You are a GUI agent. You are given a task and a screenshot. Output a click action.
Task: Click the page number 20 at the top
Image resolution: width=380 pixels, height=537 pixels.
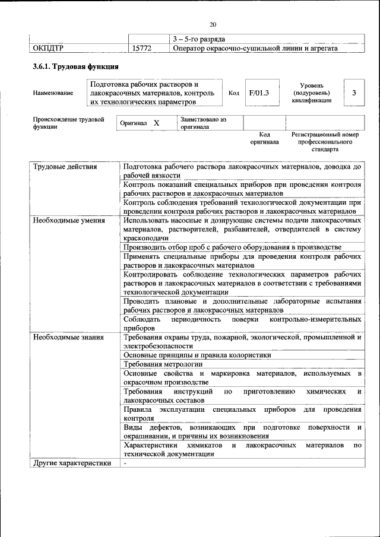[x=213, y=24]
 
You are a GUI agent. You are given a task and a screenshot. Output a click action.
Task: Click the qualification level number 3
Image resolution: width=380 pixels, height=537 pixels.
[x=354, y=93]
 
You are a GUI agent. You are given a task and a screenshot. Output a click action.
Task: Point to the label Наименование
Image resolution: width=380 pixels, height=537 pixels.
[x=53, y=93]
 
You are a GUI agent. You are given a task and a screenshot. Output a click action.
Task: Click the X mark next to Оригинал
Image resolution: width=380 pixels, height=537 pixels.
[x=156, y=123]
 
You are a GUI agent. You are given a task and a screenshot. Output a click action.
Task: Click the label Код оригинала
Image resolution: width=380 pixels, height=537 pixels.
[x=264, y=138]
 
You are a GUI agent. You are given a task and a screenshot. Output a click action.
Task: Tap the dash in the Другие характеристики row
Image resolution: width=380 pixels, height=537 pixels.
[x=125, y=463]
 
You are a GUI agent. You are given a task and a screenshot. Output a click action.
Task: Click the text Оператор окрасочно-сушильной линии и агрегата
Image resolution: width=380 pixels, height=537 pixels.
[x=255, y=48]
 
